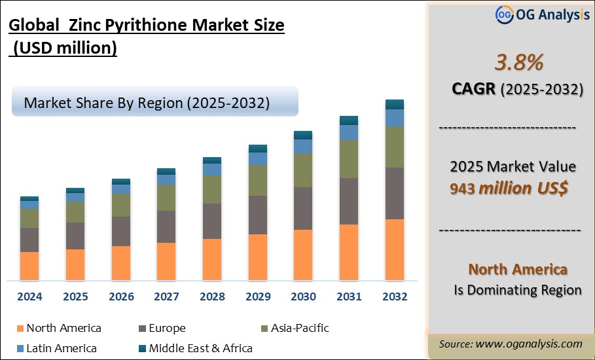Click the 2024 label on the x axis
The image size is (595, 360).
point(29,297)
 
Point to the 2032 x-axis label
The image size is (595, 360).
point(394,297)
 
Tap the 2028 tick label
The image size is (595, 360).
point(212,297)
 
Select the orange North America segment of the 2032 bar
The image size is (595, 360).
point(394,249)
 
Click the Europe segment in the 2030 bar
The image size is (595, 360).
point(303,208)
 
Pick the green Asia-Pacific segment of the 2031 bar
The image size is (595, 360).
point(349,159)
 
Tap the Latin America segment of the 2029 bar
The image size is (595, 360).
point(258,158)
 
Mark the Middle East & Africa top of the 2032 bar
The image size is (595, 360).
point(394,104)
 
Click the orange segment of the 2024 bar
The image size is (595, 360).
point(29,266)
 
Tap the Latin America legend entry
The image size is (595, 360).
point(57,348)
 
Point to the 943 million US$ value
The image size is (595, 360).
point(509,189)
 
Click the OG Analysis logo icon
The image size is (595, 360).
point(504,14)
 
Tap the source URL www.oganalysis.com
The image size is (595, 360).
point(530,344)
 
